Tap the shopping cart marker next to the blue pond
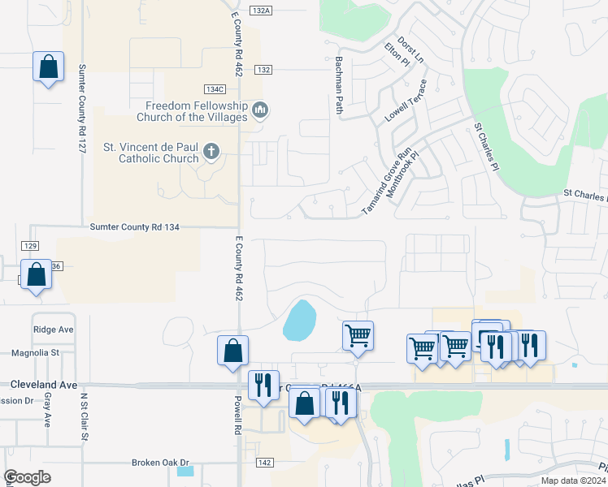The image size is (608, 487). (x=358, y=334)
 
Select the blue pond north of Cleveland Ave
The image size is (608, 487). (x=298, y=321)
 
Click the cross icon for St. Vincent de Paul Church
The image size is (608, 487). (x=211, y=150)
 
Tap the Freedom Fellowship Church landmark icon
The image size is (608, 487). (x=260, y=109)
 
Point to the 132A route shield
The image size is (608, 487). (x=261, y=11)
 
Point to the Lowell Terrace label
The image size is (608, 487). (x=406, y=102)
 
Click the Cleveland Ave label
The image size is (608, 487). (x=44, y=384)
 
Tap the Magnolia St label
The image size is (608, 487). (x=36, y=353)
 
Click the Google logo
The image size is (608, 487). (x=28, y=477)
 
